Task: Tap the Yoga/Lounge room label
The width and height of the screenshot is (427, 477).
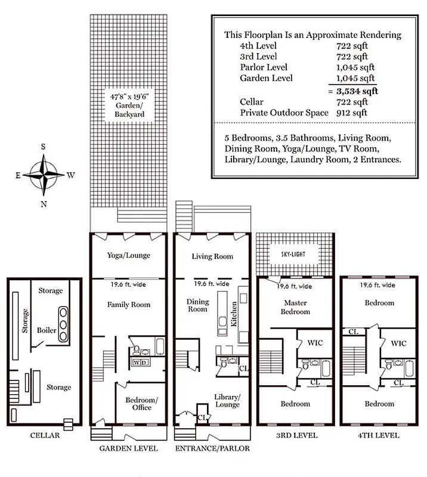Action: click(128, 255)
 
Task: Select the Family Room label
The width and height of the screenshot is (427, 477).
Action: click(128, 305)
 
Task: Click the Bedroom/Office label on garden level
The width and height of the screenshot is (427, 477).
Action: click(141, 403)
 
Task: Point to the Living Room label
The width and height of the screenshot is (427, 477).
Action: click(212, 256)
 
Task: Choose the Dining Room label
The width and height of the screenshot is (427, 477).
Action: click(197, 305)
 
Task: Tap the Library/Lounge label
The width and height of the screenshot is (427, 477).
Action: click(227, 401)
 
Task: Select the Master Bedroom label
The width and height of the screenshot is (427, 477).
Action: click(296, 307)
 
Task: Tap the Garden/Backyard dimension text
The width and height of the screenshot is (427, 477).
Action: click(127, 105)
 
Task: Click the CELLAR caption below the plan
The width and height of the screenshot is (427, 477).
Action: click(45, 435)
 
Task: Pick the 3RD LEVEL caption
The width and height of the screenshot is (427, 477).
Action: click(296, 435)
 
